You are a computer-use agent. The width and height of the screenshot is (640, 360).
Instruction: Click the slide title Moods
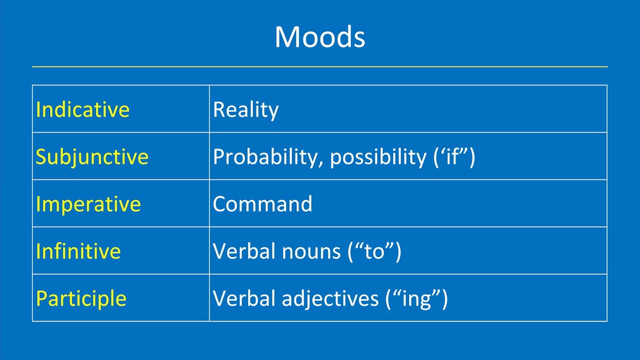[x=320, y=37]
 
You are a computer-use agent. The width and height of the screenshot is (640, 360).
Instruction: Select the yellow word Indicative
[x=82, y=109]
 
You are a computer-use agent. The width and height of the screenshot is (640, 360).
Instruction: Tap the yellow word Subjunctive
[x=92, y=156]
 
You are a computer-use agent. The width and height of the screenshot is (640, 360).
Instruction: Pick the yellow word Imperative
[x=88, y=204]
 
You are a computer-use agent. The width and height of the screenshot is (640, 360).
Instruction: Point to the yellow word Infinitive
[x=78, y=251]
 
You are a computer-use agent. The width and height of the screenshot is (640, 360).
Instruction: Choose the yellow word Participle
[x=81, y=298]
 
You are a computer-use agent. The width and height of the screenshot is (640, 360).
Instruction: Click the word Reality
[x=245, y=109]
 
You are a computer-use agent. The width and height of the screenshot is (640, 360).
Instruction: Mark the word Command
[x=262, y=204]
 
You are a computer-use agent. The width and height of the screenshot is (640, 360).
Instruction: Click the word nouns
[x=310, y=251]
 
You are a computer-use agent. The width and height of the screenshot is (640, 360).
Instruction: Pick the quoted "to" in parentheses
[x=374, y=251]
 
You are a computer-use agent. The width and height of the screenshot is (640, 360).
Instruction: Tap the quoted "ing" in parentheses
[x=416, y=298]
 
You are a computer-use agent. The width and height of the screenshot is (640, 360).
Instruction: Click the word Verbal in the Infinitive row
[x=244, y=251]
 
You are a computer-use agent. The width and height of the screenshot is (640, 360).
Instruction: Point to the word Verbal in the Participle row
[x=244, y=298]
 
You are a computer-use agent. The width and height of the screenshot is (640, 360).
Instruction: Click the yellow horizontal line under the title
[x=320, y=66]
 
